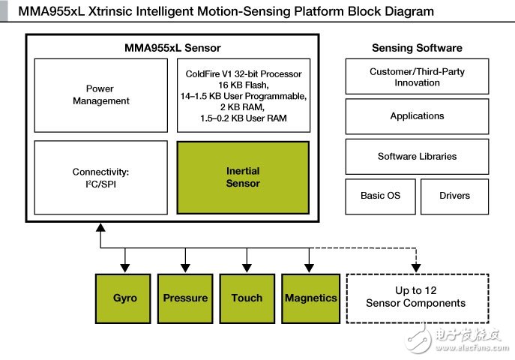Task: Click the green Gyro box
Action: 125,298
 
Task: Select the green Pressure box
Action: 185,298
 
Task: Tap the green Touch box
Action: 247,298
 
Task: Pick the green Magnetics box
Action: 310,298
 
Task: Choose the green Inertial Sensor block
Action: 243,177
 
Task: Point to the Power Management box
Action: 101,95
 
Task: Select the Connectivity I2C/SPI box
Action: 101,177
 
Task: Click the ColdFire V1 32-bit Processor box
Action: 243,95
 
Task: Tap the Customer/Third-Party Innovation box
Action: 417,77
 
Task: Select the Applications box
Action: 417,116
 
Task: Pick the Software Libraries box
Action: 417,157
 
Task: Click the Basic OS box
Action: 380,196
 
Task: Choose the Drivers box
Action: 454,196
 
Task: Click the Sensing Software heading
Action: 417,48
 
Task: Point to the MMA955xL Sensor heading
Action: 172,48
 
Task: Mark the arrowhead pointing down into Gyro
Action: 125,267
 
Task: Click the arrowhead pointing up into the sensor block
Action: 100,228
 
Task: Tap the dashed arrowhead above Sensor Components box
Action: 415,267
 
